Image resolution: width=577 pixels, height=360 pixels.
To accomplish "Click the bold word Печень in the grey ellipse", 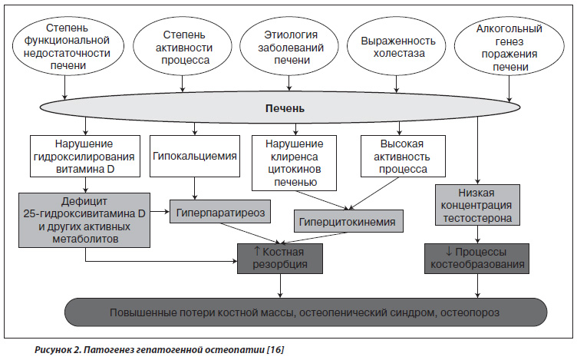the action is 285,108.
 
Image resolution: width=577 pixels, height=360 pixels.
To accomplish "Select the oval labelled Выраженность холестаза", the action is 397,46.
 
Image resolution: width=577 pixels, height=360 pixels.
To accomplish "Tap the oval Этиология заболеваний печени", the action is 288,46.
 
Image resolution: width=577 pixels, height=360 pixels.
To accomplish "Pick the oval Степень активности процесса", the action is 183,46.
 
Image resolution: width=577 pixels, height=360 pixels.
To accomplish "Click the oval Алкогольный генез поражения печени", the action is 509,47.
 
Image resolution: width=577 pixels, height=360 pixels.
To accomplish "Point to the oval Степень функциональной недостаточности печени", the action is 68,46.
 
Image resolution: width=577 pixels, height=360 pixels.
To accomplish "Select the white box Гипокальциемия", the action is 195,156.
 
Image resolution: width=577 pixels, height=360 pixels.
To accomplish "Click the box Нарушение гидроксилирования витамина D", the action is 85,156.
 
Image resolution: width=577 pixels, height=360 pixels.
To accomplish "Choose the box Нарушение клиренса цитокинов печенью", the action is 294,163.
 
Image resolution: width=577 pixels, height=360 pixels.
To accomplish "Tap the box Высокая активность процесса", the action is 403,156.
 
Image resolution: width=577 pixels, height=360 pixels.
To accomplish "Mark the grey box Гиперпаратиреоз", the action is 220,212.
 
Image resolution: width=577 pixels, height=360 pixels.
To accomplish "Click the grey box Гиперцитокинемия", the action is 348,221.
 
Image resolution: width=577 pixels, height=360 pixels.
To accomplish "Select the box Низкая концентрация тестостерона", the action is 477,205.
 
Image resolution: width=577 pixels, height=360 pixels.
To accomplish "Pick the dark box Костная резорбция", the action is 280,259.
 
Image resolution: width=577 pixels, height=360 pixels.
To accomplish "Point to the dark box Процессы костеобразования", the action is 477,259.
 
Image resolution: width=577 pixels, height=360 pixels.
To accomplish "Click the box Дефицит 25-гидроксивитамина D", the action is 84,220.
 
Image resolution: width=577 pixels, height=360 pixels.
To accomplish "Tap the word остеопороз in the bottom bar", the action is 470,312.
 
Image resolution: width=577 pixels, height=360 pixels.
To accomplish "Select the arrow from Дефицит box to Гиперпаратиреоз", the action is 160,212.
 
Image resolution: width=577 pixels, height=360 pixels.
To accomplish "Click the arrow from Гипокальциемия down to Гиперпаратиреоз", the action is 195,189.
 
